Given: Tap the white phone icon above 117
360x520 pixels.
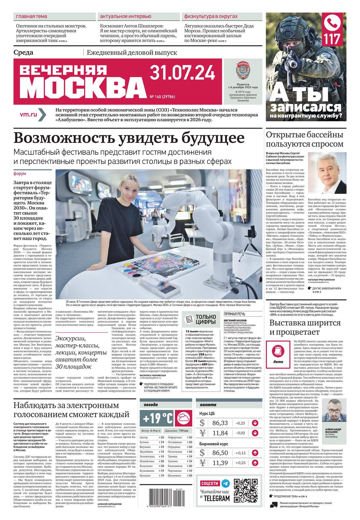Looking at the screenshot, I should click(x=333, y=24).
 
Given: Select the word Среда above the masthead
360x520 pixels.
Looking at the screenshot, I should click(x=23, y=53).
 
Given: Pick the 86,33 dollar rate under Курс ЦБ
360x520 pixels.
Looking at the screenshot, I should click(x=220, y=423).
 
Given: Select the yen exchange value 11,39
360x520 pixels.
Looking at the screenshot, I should click(x=220, y=462).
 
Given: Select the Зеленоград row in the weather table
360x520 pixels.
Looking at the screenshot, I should click(x=152, y=456).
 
